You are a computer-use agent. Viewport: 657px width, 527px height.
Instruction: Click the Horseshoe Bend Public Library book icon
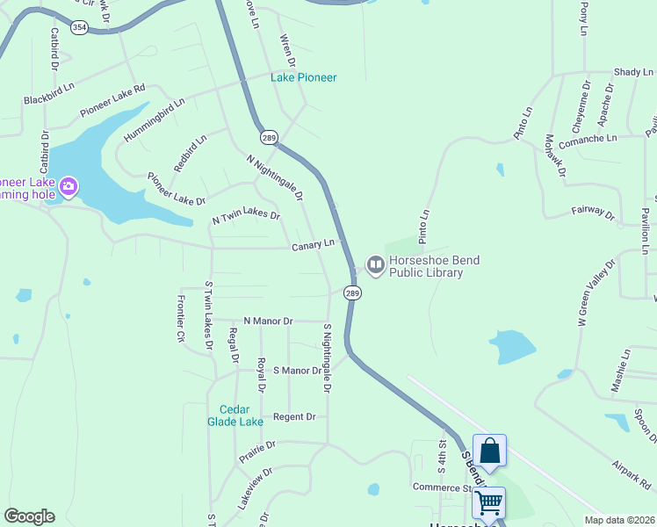376,264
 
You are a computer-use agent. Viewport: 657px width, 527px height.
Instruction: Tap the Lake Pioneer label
304,77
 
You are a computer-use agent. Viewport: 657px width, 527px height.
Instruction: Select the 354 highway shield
80,28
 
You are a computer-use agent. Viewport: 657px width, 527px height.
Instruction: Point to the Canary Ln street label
314,244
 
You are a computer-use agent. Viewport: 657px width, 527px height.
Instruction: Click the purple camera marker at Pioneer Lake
69,187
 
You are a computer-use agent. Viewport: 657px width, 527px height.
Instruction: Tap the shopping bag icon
489,451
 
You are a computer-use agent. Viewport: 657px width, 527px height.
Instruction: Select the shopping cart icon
488,503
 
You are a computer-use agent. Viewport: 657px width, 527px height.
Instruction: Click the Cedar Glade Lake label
241,415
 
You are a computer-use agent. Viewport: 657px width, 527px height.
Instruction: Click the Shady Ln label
634,71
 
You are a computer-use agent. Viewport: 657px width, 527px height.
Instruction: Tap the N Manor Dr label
268,321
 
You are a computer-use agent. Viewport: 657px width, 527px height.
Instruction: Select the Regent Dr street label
293,416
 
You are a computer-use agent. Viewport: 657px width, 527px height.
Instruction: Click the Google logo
29,516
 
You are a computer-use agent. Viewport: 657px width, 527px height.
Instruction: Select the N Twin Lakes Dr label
246,216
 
